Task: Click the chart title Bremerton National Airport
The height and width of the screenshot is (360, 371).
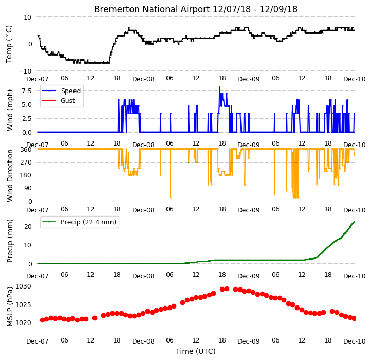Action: coord(152,9)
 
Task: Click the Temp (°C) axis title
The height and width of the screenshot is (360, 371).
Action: coord(9,44)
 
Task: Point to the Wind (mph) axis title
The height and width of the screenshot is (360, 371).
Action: coord(9,110)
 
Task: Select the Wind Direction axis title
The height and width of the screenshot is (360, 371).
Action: coord(10,175)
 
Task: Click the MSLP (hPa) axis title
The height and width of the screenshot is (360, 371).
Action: coord(10,307)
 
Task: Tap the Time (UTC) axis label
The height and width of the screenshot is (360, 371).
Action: coord(196,351)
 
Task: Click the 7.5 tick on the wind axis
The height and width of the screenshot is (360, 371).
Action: coord(27,91)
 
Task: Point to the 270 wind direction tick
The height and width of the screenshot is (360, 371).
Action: coord(27,163)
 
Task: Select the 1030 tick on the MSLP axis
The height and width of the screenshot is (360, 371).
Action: coord(23,286)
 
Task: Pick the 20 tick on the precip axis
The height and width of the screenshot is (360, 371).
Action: coord(28,226)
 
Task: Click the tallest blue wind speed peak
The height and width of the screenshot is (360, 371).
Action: coord(219,87)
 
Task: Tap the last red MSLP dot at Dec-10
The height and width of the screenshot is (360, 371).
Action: coord(354,318)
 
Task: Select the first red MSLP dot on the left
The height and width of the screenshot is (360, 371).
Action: coord(42,320)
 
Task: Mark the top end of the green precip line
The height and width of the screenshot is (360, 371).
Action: coord(354,221)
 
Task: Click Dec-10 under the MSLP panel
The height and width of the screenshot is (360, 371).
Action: coord(354,341)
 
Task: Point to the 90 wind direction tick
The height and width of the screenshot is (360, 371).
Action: coord(28,188)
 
